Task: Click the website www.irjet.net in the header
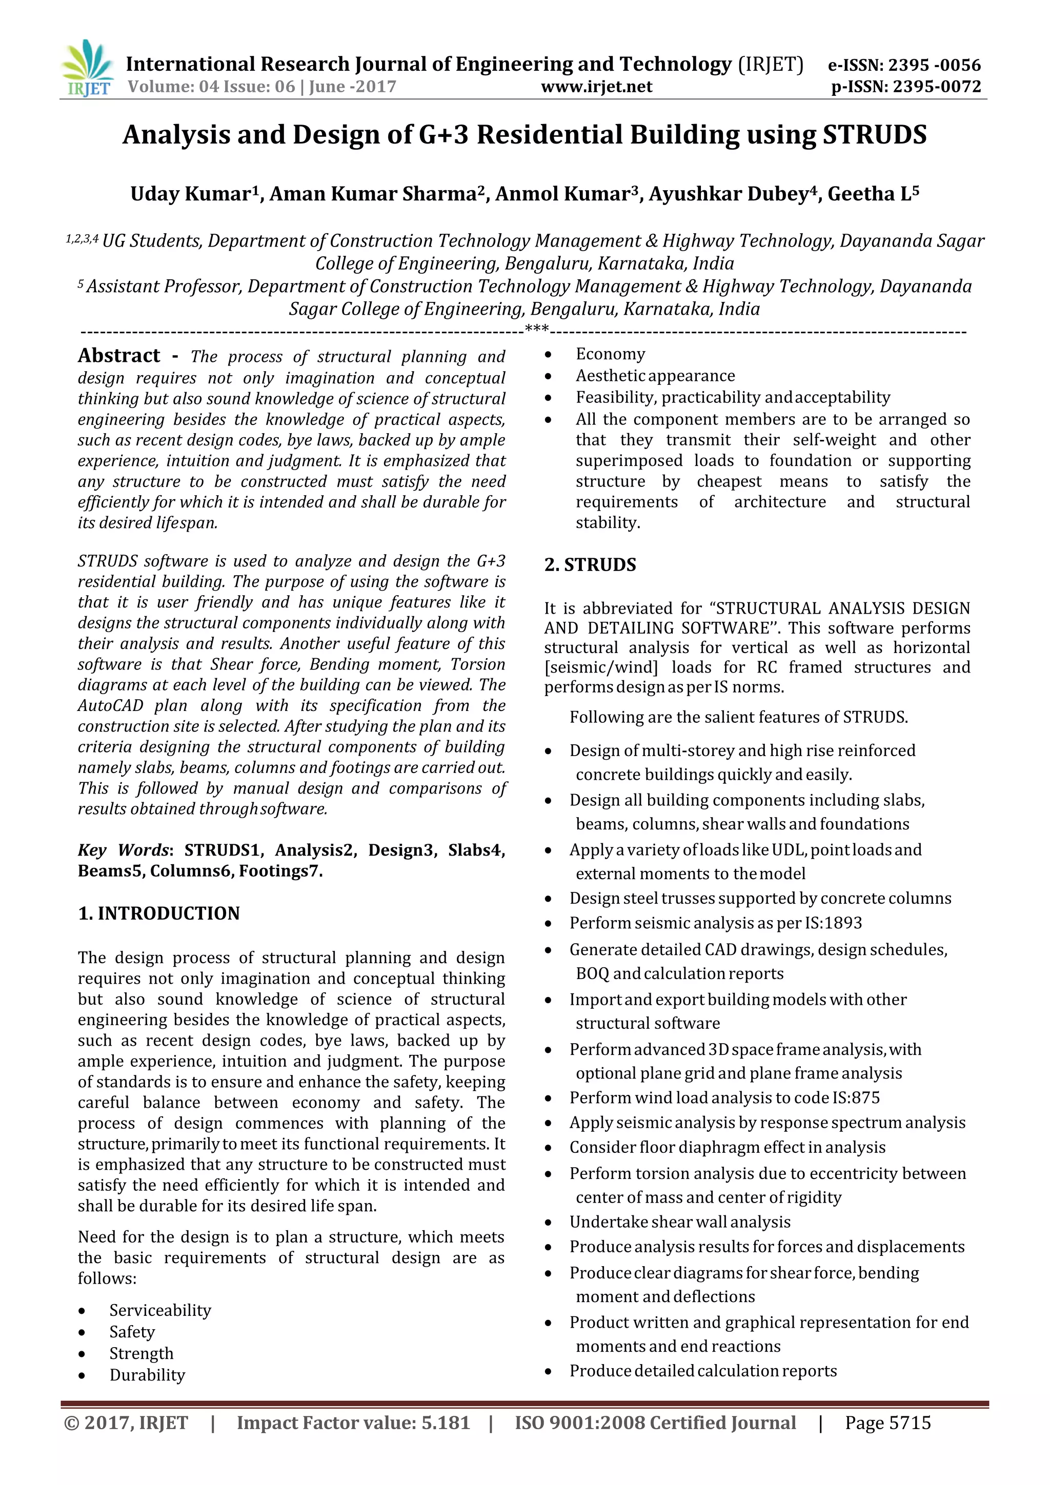(596, 87)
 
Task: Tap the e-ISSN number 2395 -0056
(934, 65)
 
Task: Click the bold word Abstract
(119, 356)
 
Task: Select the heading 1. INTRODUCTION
(158, 913)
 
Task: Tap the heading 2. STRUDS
(590, 565)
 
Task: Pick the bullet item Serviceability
(160, 1310)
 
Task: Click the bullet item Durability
(147, 1375)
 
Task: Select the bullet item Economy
(610, 354)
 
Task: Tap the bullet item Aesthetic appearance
(655, 376)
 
